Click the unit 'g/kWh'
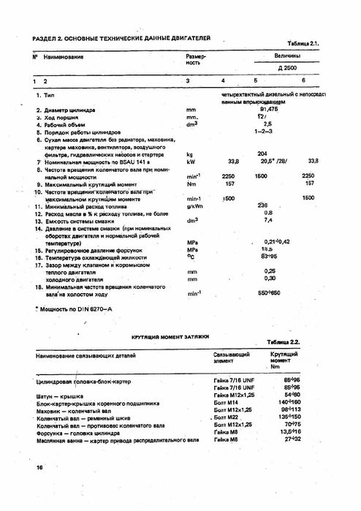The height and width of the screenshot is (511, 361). click(194, 206)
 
